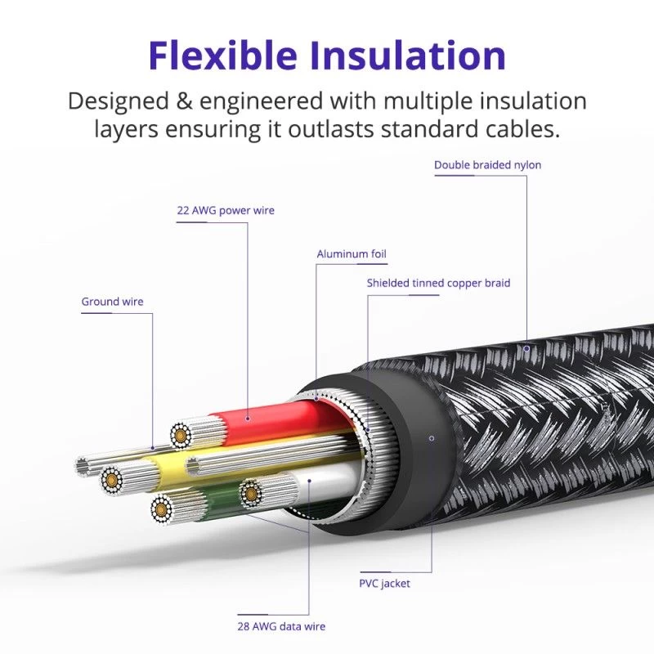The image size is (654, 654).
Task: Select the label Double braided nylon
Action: click(x=487, y=165)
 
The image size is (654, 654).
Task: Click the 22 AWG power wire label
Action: click(x=226, y=210)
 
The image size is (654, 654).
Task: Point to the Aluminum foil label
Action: click(x=352, y=254)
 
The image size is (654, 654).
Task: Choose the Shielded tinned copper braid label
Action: click(x=438, y=283)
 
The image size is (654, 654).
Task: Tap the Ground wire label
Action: click(x=112, y=302)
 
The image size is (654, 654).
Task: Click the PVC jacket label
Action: click(x=384, y=584)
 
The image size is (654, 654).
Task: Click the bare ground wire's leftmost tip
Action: click(x=81, y=467)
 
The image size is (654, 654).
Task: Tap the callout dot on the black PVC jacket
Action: click(x=432, y=438)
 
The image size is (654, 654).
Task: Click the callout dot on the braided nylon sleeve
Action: click(x=527, y=348)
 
